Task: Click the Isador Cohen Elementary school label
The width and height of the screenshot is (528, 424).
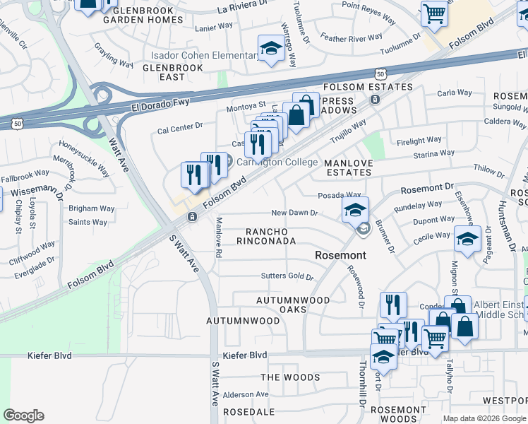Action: (x=204, y=55)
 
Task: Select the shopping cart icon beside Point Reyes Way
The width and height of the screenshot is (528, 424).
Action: (x=434, y=13)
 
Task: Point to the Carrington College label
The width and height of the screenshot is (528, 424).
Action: (x=276, y=162)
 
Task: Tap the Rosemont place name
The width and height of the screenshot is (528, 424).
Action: (x=340, y=254)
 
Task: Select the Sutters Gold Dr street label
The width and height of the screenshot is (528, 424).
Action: (x=287, y=276)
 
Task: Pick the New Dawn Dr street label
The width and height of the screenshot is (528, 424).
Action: (x=296, y=213)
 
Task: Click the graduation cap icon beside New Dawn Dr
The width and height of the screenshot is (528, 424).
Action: (x=355, y=208)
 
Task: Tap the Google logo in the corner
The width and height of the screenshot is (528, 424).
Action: (x=23, y=416)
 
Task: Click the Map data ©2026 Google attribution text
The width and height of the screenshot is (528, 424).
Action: (x=484, y=418)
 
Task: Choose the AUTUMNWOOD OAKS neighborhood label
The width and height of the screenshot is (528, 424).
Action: (x=293, y=305)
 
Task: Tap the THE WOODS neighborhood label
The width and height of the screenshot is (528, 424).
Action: (x=290, y=377)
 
